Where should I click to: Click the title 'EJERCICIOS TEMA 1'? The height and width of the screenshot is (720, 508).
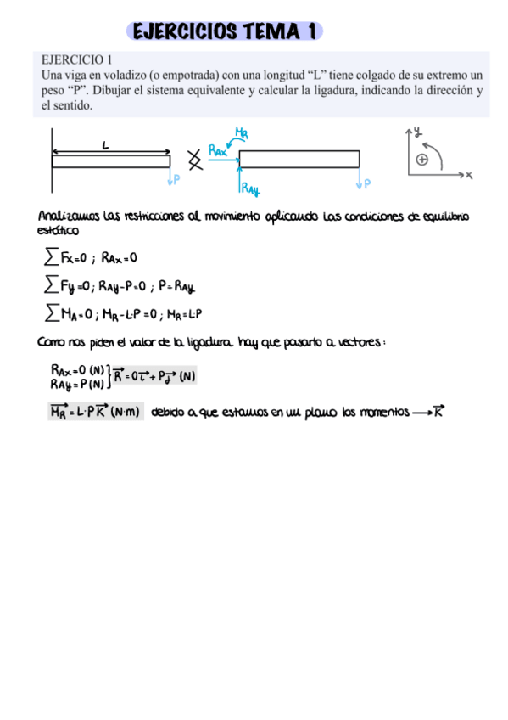click(x=225, y=31)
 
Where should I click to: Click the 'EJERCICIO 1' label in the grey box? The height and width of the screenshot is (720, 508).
click(x=77, y=59)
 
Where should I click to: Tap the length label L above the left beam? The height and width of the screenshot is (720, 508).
click(x=105, y=146)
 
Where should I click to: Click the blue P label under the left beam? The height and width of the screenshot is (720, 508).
click(x=176, y=179)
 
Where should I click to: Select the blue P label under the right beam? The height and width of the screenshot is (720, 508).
click(x=367, y=182)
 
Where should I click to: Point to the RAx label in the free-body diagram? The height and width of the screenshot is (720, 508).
click(x=218, y=151)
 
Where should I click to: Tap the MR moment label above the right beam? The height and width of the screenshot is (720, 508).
click(x=242, y=132)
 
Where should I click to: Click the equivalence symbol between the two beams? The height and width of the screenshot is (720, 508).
click(x=195, y=159)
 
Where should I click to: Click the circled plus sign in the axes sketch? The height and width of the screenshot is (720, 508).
click(x=422, y=159)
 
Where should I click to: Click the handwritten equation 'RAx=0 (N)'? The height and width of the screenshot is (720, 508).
click(x=77, y=370)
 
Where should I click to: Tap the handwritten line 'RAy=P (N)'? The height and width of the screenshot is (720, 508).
click(x=76, y=383)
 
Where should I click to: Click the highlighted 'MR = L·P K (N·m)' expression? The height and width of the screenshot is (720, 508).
click(x=95, y=413)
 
